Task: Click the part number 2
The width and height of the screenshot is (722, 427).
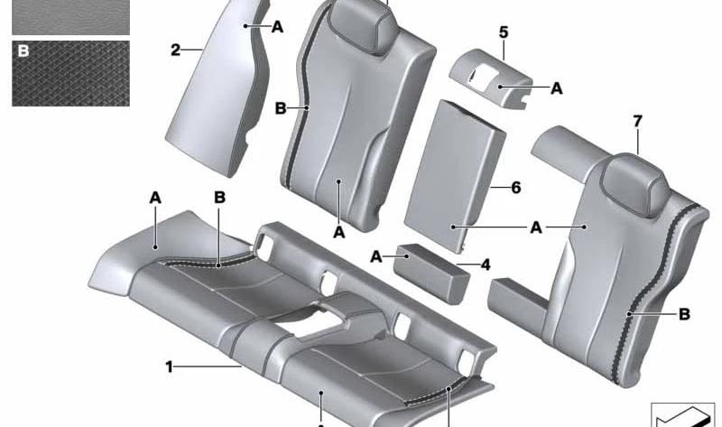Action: (x=175, y=50)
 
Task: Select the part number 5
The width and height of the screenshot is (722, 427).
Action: (x=504, y=32)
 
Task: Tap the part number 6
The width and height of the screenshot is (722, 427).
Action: (x=516, y=188)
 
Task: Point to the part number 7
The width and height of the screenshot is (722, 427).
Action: (x=638, y=122)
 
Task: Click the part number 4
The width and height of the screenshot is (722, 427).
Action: (x=486, y=265)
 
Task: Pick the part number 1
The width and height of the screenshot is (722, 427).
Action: (x=169, y=367)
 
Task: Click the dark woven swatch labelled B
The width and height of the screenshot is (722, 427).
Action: (x=71, y=74)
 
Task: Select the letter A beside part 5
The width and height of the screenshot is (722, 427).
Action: (x=557, y=88)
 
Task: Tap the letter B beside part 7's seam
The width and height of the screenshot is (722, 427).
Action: (x=685, y=314)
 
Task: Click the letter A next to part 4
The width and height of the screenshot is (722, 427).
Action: (x=376, y=256)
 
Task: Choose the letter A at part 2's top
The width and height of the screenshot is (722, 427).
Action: (x=277, y=27)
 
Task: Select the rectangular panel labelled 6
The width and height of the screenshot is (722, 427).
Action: (x=455, y=176)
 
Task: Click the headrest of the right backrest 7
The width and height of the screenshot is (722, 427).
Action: (x=635, y=183)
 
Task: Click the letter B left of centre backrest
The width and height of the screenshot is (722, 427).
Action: (x=281, y=108)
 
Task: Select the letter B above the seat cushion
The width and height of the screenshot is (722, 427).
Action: (x=219, y=198)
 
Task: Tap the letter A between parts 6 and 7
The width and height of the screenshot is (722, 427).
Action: (x=536, y=227)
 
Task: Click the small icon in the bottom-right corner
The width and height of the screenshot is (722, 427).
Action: (x=682, y=414)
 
